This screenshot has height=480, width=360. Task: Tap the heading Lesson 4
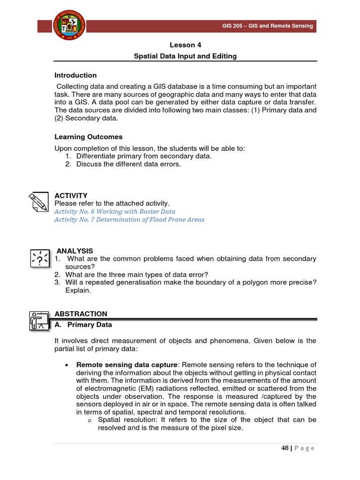point(186,45)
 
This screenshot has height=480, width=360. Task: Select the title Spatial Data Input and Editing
point(186,56)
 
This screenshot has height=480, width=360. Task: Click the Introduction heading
point(75,75)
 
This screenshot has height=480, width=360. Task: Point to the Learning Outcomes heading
point(88,137)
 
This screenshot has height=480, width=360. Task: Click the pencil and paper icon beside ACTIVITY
point(38,202)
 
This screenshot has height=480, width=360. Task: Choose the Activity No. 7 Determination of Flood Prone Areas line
point(129,219)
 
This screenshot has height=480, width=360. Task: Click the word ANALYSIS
point(75,251)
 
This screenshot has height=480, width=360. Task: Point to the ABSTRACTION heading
point(81,314)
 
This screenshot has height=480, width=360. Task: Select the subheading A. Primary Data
point(83,324)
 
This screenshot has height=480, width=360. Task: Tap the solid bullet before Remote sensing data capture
point(68,365)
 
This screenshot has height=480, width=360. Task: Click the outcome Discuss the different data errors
point(128,164)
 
